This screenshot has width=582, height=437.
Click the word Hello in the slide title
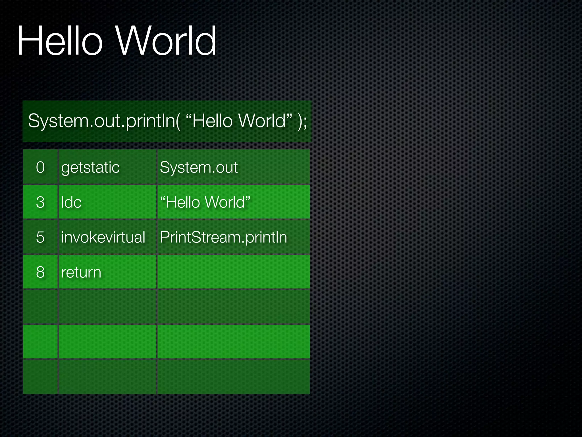point(60,40)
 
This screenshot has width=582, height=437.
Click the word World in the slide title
point(166,40)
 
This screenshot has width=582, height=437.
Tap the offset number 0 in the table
point(40,167)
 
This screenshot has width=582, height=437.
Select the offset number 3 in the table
point(40,202)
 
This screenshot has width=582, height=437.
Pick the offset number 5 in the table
point(40,237)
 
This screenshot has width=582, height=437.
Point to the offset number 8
point(40,272)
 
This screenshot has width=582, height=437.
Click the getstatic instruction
point(90,167)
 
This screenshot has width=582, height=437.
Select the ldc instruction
point(71,202)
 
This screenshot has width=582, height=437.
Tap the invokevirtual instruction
point(103,237)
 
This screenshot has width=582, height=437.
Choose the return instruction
point(81,272)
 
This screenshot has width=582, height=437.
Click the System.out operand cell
point(199,167)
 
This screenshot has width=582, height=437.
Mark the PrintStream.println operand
point(223,237)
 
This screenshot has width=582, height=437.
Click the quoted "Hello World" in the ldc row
point(205,202)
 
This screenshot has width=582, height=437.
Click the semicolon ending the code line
point(305,122)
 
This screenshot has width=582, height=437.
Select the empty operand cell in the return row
point(233,272)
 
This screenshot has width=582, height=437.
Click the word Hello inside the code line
point(213,121)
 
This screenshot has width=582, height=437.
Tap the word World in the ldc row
point(225,202)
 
